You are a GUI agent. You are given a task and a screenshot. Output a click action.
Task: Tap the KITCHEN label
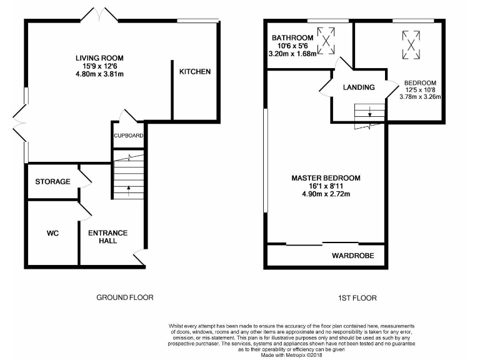195,72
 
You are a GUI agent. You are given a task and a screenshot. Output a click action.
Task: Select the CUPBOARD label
128,136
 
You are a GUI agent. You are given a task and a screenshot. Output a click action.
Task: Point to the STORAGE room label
52,182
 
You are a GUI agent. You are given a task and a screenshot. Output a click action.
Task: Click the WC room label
52,233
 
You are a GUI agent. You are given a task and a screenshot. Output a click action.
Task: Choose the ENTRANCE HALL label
107,237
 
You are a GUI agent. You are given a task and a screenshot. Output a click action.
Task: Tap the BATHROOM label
292,37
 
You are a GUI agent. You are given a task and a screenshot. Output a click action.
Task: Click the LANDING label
359,87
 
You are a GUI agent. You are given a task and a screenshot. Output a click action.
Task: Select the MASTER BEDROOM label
326,178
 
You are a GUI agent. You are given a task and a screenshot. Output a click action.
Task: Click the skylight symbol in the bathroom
325,41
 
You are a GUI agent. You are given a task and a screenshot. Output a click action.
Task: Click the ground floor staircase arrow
128,187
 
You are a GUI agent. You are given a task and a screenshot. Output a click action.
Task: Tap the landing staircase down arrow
369,113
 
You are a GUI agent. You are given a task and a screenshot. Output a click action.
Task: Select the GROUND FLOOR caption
124,297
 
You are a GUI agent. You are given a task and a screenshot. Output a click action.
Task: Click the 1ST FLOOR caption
357,297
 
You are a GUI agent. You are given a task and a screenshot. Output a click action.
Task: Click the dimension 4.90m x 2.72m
326,194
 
